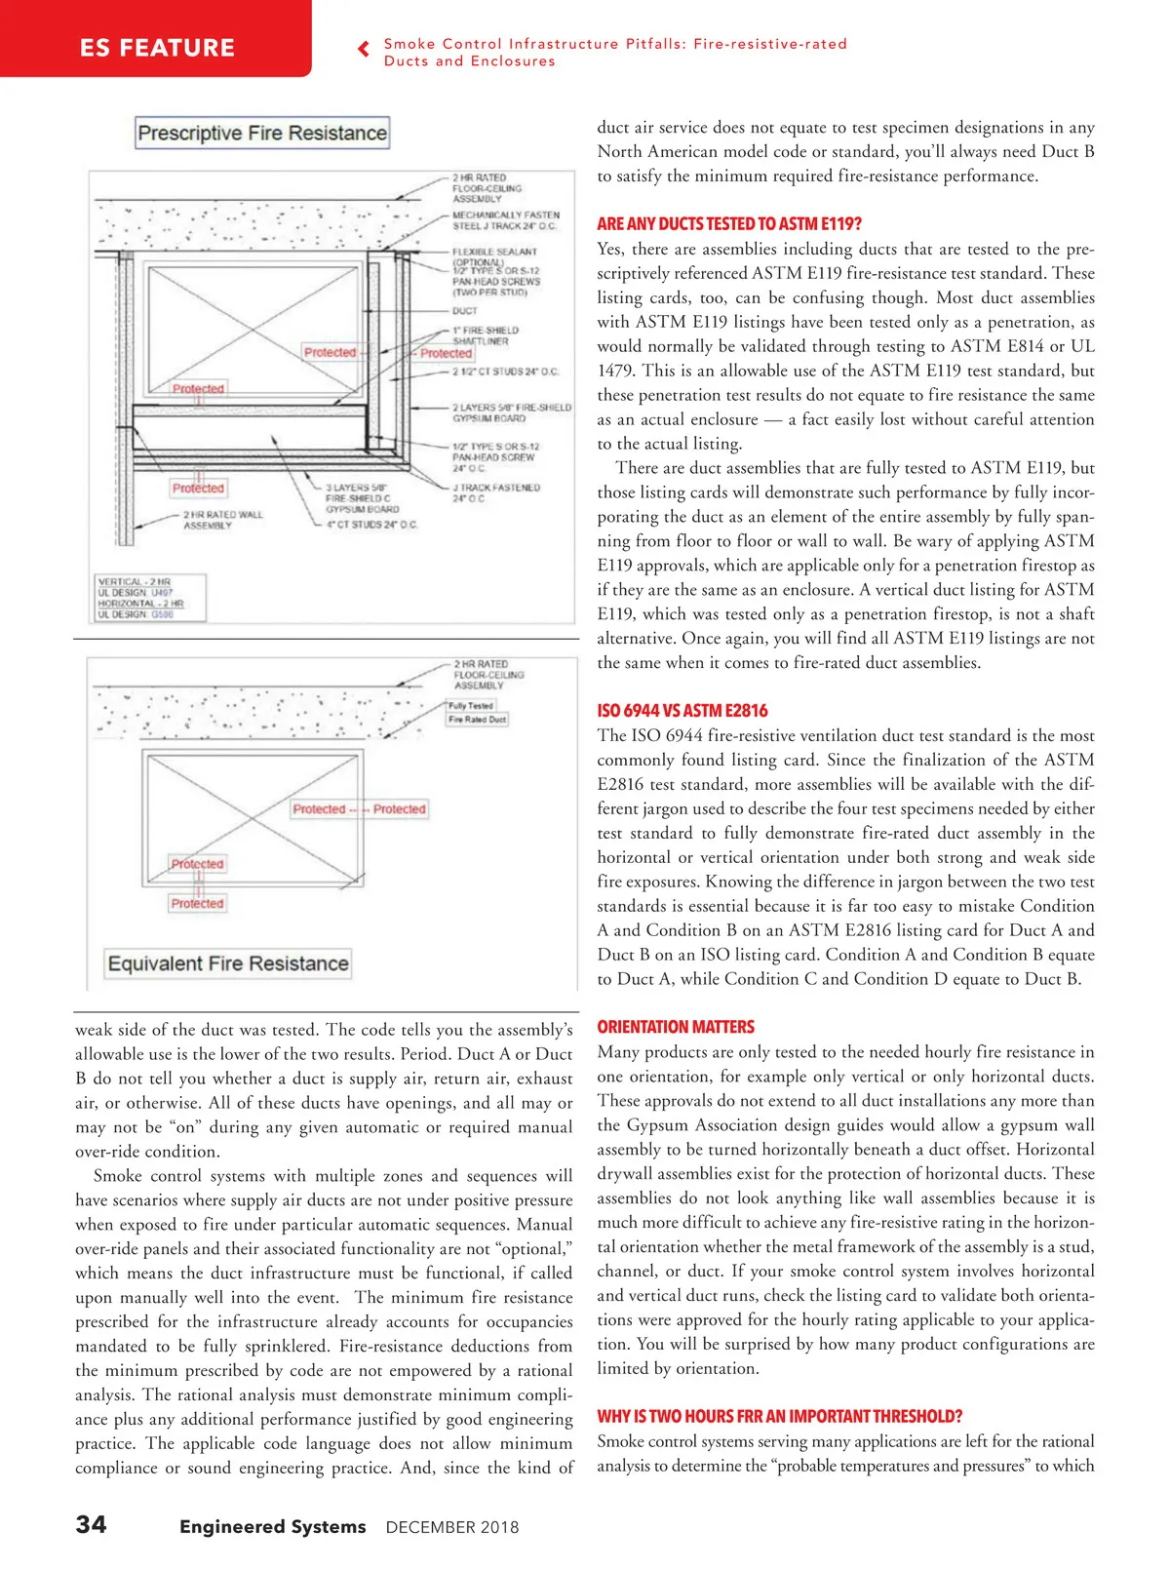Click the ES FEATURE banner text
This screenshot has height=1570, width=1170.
click(x=157, y=48)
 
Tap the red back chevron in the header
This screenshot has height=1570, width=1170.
click(x=364, y=49)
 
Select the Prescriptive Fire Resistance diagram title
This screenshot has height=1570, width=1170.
click(x=262, y=133)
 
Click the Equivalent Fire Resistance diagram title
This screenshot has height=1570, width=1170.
click(x=228, y=963)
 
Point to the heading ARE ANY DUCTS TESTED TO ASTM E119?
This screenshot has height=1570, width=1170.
click(x=729, y=223)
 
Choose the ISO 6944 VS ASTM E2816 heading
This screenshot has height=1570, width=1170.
click(x=682, y=710)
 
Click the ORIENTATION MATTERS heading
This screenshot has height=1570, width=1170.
click(x=676, y=1027)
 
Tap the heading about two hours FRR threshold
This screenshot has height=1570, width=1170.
click(x=780, y=1416)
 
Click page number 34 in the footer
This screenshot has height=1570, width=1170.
click(x=92, y=1524)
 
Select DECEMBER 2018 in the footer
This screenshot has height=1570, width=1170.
click(x=452, y=1527)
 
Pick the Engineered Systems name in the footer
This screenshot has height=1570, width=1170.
click(x=273, y=1527)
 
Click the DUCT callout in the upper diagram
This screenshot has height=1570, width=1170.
click(x=465, y=311)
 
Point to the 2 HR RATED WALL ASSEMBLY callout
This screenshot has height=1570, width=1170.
click(x=223, y=520)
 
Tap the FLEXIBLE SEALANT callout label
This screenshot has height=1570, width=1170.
click(x=494, y=252)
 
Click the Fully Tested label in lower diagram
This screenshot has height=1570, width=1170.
click(x=471, y=705)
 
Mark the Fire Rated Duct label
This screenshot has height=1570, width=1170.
click(x=477, y=720)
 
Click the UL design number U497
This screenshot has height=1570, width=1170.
click(x=162, y=593)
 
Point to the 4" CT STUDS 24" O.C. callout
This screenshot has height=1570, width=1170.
click(x=371, y=525)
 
